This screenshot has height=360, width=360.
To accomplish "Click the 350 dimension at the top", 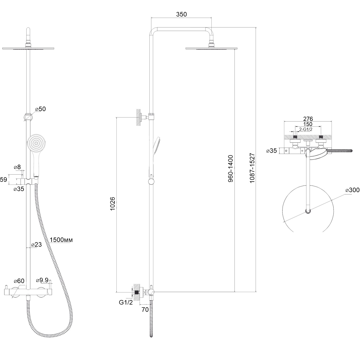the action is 181,14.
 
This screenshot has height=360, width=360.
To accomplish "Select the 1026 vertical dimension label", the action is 112,204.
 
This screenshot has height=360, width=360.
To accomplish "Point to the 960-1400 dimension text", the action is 231,168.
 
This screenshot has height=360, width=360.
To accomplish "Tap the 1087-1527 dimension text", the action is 252,168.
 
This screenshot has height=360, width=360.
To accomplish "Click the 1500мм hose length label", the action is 61,240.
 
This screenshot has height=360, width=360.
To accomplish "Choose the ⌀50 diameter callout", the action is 40,109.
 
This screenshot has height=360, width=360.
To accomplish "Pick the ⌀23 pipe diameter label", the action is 36,244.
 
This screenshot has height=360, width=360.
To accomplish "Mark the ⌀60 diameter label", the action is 19,281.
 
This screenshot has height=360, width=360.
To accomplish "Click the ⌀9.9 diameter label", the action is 42,280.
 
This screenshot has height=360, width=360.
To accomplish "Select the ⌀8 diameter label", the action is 17,167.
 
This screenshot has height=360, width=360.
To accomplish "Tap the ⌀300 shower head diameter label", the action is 352,190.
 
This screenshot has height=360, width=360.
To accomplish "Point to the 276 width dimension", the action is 308,119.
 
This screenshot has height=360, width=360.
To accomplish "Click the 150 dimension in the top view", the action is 308,124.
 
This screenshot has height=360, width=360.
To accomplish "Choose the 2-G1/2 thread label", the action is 306,129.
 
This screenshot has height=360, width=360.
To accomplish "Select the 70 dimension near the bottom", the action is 145,309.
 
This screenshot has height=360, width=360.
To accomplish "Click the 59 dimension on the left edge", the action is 3,180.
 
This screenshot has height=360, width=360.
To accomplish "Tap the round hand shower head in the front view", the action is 36,143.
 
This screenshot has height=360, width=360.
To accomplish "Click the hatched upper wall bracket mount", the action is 138,117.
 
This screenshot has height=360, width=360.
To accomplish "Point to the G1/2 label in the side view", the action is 126,302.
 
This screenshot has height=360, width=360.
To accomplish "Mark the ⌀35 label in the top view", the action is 271,151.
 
